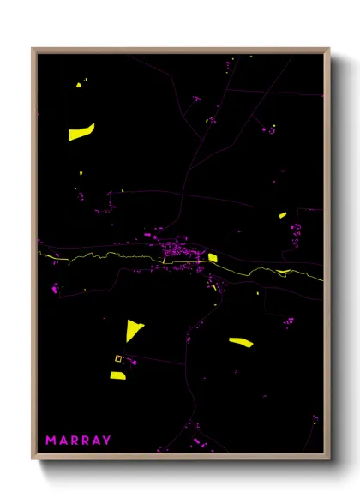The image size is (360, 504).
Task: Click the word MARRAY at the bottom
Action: pyautogui.click(x=78, y=441)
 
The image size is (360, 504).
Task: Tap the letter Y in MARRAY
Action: pyautogui.click(x=106, y=441)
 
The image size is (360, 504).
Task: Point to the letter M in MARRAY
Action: pyautogui.click(x=51, y=441)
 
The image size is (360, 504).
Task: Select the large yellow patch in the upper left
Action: pyautogui.click(x=81, y=132)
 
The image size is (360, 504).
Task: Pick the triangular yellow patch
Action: pyautogui.click(x=133, y=330)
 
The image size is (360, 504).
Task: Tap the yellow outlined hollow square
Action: pyautogui.click(x=119, y=359)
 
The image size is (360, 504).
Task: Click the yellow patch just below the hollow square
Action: pyautogui.click(x=117, y=375)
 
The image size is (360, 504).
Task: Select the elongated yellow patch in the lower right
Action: pyautogui.click(x=241, y=343)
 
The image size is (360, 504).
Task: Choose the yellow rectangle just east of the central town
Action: pyautogui.click(x=212, y=257)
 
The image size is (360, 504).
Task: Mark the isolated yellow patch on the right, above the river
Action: pyautogui.click(x=283, y=215)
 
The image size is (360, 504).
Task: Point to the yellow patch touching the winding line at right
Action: pyautogui.click(x=284, y=272)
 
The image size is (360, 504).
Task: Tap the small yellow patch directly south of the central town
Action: pyautogui.click(x=214, y=286)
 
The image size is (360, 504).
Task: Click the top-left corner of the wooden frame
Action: pyautogui.click(x=33, y=49)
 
